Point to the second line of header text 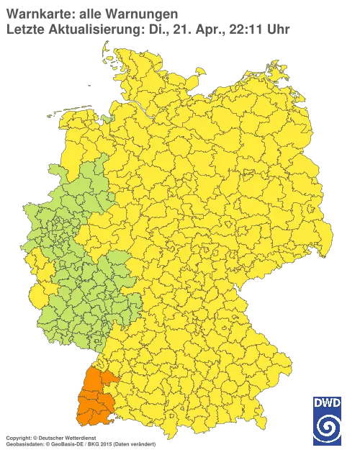click(144, 29)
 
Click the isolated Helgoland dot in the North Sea click(89, 84)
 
